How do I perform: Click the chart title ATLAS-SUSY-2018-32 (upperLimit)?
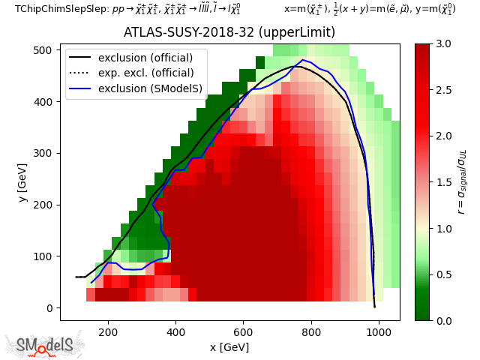click(229, 33)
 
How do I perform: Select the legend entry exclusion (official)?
click(145, 58)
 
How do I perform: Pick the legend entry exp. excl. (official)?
click(145, 73)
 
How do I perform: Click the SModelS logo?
click(45, 344)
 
